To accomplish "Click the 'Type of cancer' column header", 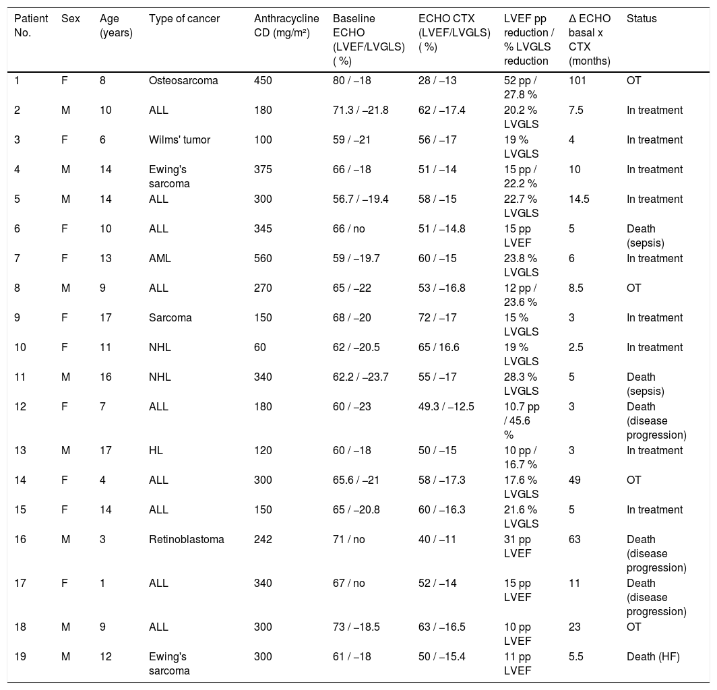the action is point(184,19).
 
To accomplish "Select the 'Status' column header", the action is point(641,19).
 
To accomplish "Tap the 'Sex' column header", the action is point(70,19).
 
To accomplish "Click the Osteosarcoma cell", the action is point(183,80).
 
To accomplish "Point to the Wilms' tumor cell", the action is point(179,140).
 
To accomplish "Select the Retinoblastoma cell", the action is point(186,540).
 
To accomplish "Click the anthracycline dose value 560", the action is point(263,258).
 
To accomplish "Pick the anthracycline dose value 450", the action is point(263,80).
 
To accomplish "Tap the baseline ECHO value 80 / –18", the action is point(352,80).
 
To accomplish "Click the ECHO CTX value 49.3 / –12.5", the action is point(446,407).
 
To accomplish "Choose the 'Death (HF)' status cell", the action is point(653,657).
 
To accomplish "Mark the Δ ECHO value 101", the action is point(577,80).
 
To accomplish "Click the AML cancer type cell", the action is point(160,258).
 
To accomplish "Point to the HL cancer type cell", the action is point(156,450).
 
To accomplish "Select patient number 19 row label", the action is point(20,657).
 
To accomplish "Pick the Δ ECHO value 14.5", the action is point(579,199).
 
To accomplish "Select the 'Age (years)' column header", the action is point(116,26).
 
